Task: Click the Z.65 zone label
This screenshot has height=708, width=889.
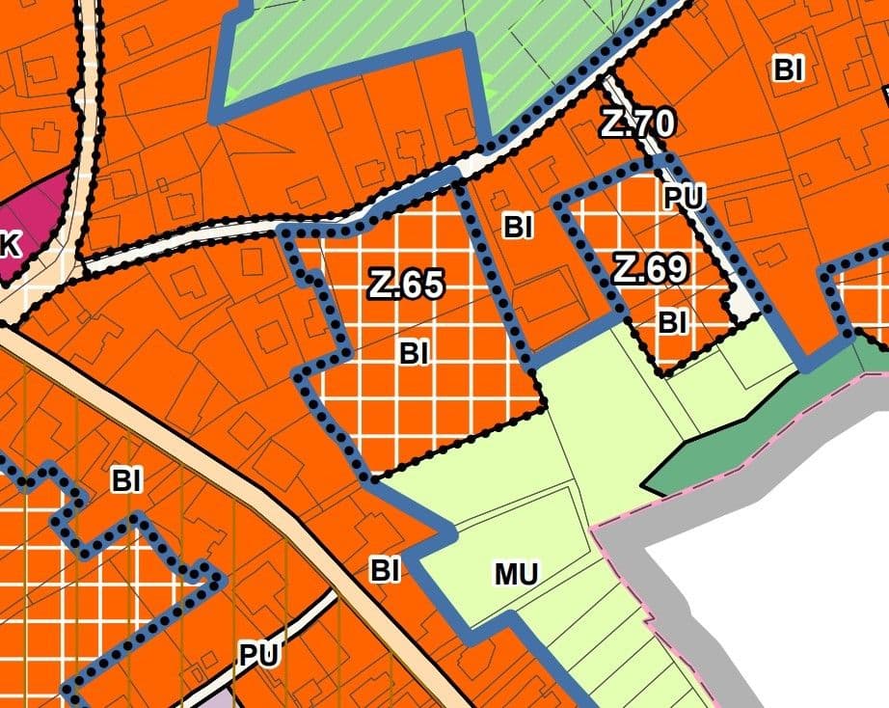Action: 406,286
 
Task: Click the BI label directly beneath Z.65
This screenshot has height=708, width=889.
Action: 413,354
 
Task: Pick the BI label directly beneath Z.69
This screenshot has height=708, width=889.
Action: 672,323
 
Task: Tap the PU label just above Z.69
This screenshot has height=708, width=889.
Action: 685,198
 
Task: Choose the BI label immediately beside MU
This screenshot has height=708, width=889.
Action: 385,571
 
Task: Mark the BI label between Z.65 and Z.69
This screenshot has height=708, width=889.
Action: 518,228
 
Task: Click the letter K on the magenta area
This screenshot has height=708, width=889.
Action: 10,245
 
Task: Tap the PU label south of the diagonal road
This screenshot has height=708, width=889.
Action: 258,656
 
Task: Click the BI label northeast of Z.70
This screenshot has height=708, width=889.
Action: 789,69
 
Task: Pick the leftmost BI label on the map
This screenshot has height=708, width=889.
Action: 126,480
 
